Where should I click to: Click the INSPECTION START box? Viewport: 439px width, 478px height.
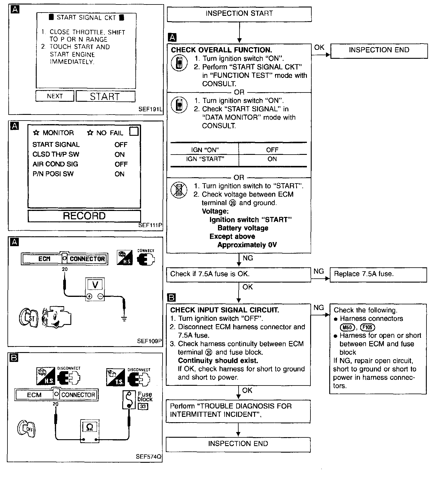click(239, 14)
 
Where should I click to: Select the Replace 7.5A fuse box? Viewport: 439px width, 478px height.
click(378, 274)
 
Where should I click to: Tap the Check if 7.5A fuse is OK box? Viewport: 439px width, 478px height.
click(239, 274)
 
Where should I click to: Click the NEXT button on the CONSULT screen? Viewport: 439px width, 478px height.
click(55, 96)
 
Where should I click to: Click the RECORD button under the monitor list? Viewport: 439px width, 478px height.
click(84, 216)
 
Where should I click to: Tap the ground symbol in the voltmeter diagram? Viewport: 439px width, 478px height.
click(124, 319)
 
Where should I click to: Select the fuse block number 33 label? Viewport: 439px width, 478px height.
click(143, 406)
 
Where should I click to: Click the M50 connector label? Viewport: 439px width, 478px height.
click(348, 327)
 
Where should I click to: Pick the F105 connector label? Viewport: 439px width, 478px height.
click(367, 327)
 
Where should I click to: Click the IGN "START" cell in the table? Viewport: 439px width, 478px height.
click(205, 159)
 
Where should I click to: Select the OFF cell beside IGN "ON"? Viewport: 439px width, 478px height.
click(272, 150)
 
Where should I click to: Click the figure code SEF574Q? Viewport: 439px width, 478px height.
click(149, 457)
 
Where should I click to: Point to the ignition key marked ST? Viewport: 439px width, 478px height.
click(29, 318)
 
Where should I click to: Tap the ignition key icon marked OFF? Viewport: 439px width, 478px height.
click(26, 429)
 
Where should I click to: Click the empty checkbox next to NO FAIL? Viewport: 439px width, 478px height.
click(134, 131)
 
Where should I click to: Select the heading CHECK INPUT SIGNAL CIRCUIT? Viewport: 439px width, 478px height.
click(225, 310)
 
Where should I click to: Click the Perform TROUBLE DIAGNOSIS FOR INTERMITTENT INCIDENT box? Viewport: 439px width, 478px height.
click(238, 411)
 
